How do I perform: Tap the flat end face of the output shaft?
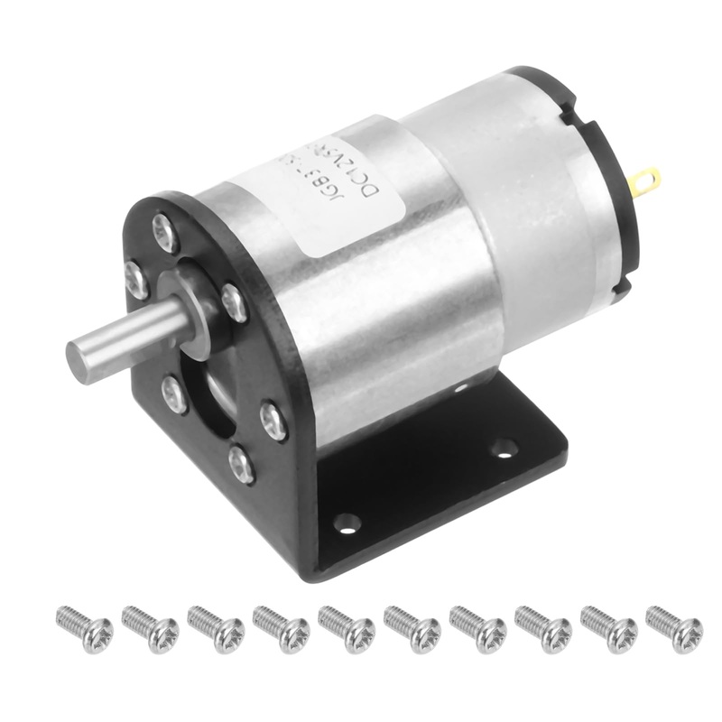tap(87, 359)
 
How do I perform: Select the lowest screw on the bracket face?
tap(240, 464)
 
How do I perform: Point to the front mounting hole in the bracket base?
tap(346, 522)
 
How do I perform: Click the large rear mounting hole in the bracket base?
tap(503, 446)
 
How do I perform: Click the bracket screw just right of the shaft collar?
tap(234, 302)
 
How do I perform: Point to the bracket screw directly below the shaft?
tap(174, 394)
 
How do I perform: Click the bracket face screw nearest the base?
tap(240, 464)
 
